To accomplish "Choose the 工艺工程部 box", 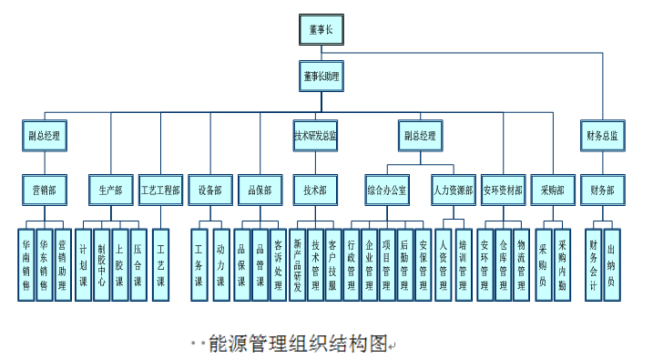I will coord(160,190).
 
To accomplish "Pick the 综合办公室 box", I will coord(388,190).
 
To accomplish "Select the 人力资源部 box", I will coord(453,190).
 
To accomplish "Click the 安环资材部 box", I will coord(502,190).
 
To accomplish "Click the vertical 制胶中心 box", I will coord(101,264).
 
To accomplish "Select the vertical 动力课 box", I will coord(219,264).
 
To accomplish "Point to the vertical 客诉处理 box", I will coord(279,264).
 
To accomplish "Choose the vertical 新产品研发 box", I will coord(298,264).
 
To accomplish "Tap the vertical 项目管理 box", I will coord(387,264).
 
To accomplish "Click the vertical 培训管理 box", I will coord(464,264).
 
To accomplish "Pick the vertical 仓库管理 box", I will coord(502,264).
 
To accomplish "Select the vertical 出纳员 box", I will coord(611,264).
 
